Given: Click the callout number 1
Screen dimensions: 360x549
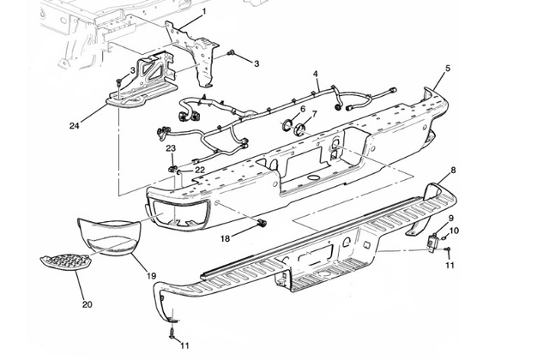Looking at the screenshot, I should [x=204, y=11].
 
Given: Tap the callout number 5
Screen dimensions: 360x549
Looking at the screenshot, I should [x=447, y=67].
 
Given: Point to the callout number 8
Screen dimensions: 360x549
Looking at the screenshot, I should [x=453, y=171].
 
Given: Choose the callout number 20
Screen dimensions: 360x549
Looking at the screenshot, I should [x=86, y=303].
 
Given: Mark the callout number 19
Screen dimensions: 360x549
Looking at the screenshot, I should [x=151, y=276].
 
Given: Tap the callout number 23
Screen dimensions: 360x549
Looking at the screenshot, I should [x=171, y=148].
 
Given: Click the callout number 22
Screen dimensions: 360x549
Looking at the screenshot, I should [x=199, y=170].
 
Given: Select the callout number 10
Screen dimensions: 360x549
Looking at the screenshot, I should [x=455, y=231].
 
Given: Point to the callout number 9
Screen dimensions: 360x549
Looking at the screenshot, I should [x=451, y=219].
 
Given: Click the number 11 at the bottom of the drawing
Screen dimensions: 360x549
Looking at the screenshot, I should [x=184, y=345].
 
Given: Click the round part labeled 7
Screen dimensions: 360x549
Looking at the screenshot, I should [x=301, y=131].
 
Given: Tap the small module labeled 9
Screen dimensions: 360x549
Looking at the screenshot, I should [x=434, y=243].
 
